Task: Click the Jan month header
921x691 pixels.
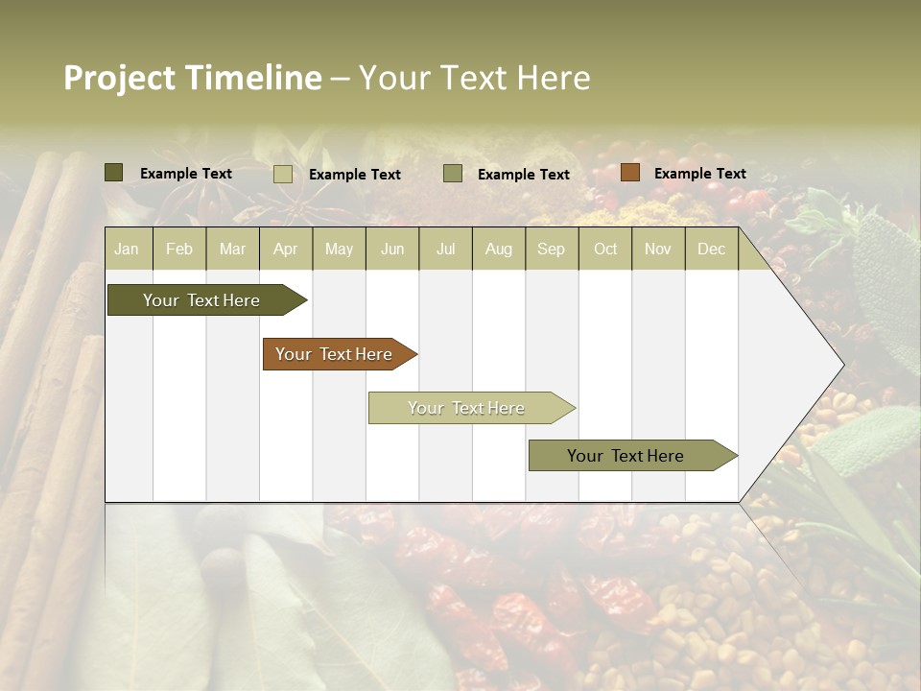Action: click(127, 249)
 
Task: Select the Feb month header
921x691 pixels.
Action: click(179, 249)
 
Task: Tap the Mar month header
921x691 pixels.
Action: click(232, 249)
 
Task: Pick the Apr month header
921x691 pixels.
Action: click(286, 249)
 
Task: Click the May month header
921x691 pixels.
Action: click(339, 249)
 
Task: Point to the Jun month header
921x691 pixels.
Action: click(392, 249)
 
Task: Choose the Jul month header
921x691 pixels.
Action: click(445, 249)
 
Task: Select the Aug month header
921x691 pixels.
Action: click(499, 249)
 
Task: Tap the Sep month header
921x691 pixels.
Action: click(552, 249)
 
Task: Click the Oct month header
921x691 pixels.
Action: click(605, 249)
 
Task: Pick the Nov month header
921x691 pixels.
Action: click(658, 249)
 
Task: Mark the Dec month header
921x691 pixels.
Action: click(712, 249)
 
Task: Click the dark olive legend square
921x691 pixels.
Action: click(114, 173)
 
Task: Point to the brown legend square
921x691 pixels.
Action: click(629, 173)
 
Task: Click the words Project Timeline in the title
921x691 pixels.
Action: click(193, 78)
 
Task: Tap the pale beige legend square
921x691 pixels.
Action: click(283, 174)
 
